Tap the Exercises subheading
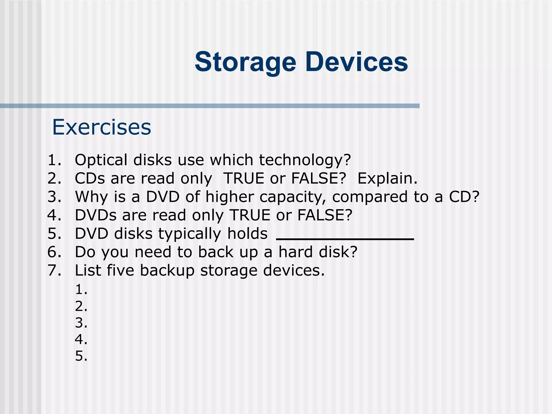pyautogui.click(x=102, y=127)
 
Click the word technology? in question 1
pyautogui.click(x=305, y=160)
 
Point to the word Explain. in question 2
pyautogui.click(x=387, y=178)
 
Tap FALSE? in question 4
pyautogui.click(x=325, y=215)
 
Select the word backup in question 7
pyautogui.click(x=167, y=270)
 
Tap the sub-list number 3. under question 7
pyautogui.click(x=81, y=323)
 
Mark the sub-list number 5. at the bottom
pyautogui.click(x=81, y=356)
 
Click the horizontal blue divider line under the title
pyautogui.click(x=210, y=106)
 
